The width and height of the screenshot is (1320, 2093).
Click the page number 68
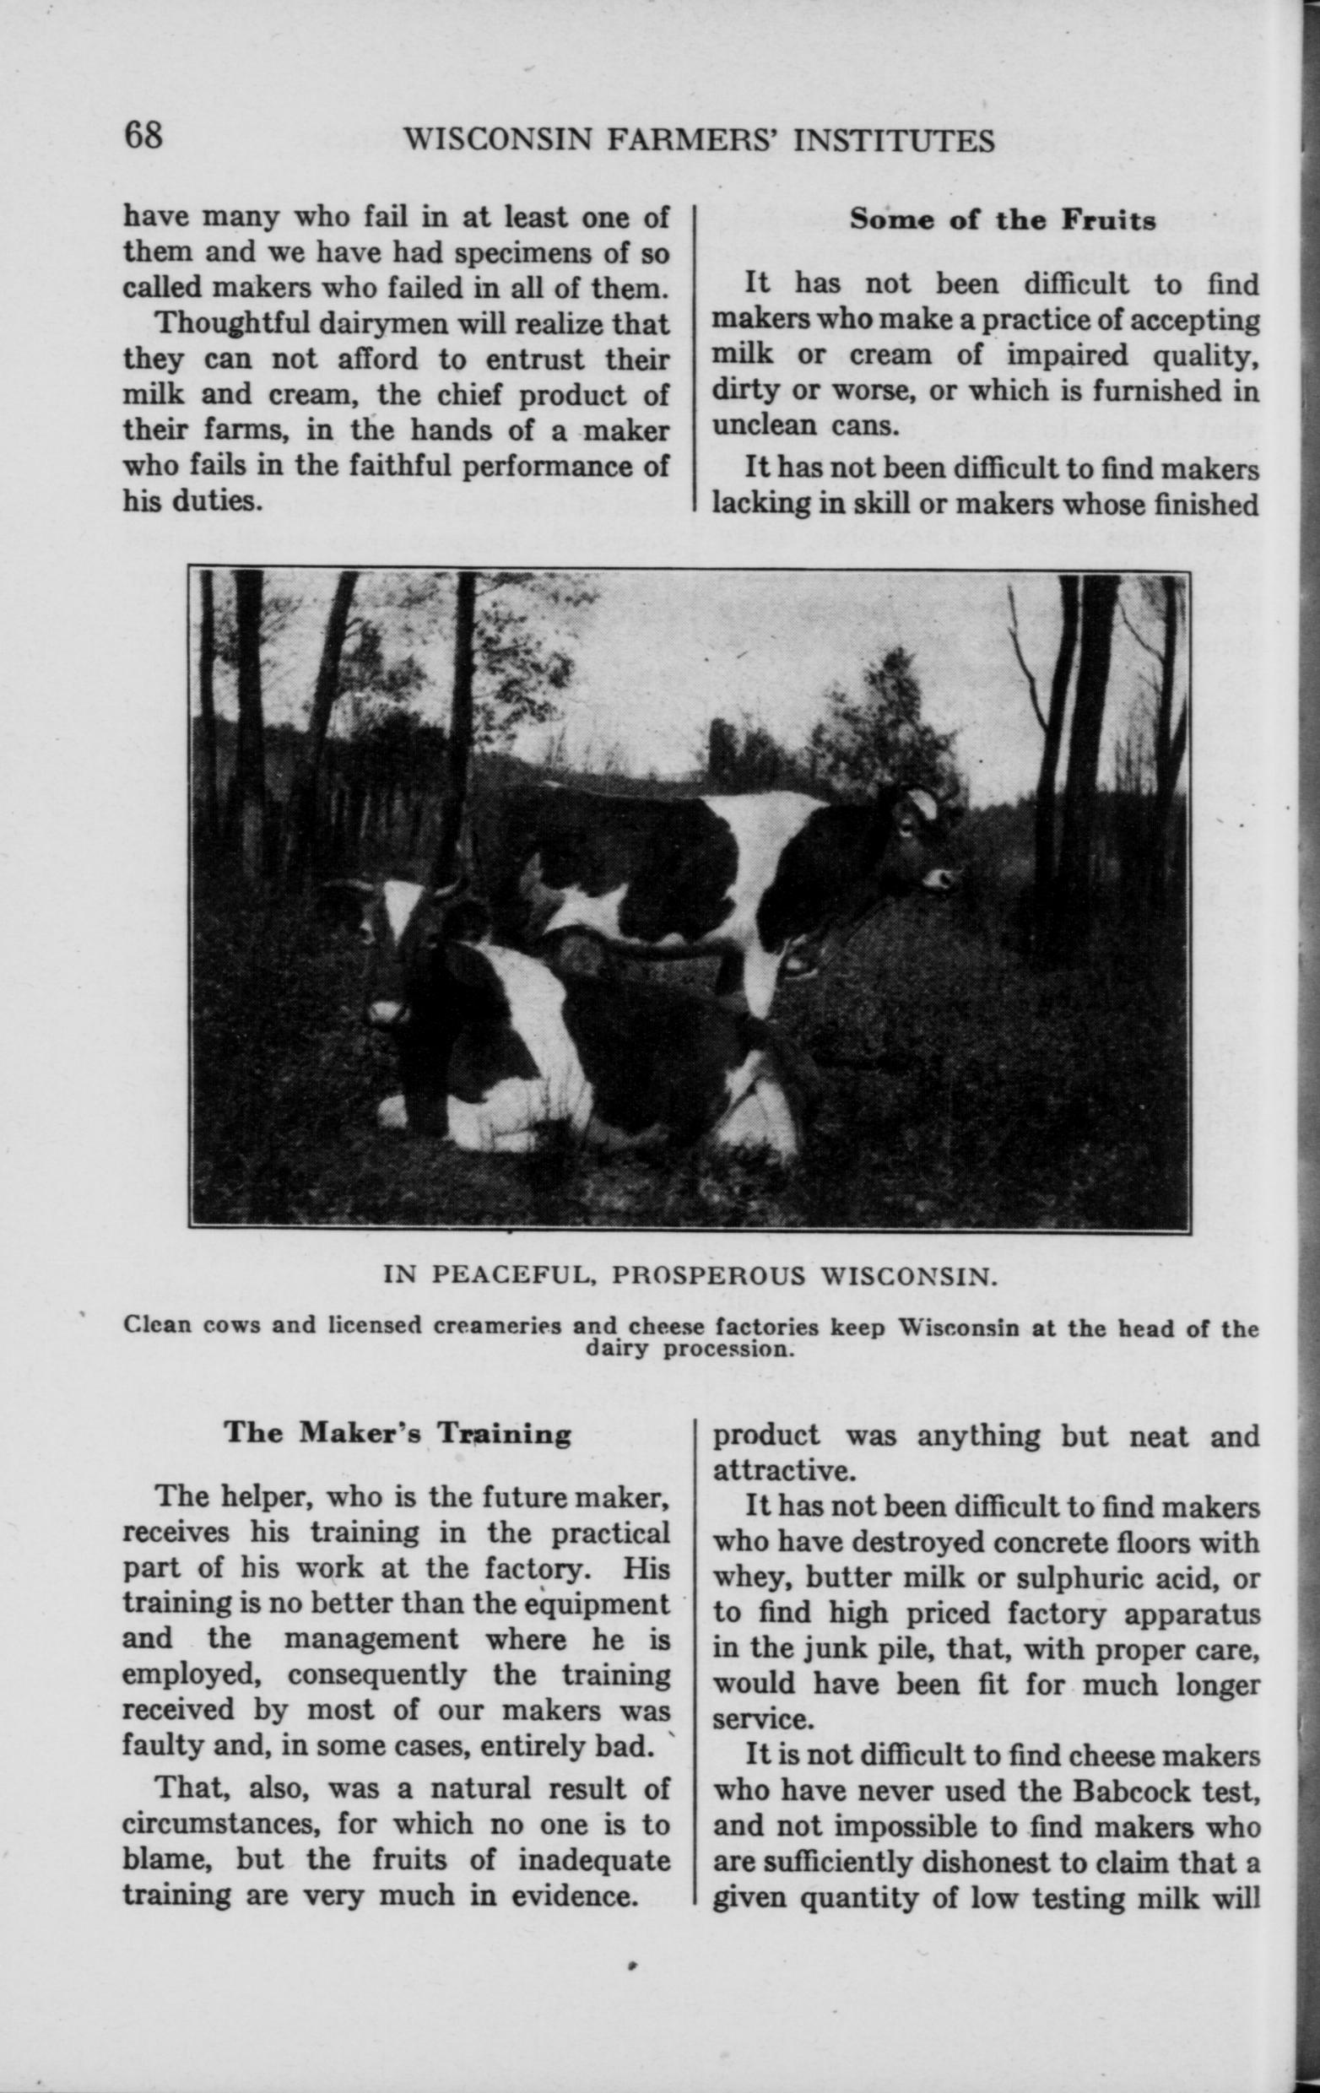pos(143,136)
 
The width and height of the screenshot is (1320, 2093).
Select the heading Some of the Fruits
pos(1002,220)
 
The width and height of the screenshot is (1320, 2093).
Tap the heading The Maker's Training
pos(398,1432)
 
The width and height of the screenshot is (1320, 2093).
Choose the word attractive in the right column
pos(766,1471)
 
